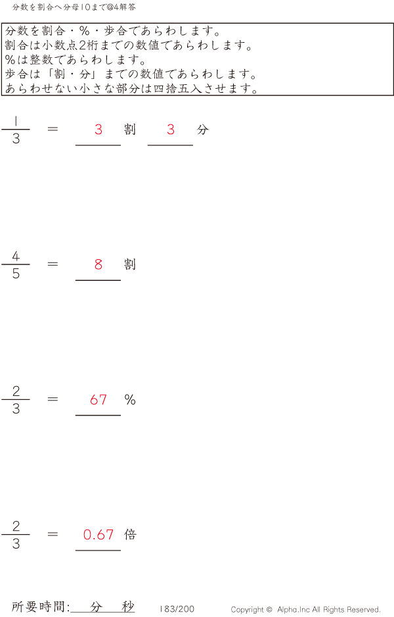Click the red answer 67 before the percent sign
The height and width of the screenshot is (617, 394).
pos(98,400)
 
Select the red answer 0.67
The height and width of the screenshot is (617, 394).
pos(98,534)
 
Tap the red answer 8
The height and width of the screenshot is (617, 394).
pos(98,264)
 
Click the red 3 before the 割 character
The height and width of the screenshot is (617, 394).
pos(98,130)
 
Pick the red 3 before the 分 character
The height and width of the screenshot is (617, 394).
pos(171,130)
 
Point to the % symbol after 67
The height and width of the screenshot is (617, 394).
pos(130,400)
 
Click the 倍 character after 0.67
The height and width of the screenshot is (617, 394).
pos(130,534)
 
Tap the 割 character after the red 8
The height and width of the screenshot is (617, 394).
pos(130,264)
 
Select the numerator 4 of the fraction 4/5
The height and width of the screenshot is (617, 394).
pos(16,256)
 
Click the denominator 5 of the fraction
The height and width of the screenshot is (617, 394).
pos(16,274)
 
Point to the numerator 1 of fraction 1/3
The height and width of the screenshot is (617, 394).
pos(15,121)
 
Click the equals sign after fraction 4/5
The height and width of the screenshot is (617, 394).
pos(53,264)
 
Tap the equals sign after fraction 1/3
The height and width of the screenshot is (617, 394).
pos(53,129)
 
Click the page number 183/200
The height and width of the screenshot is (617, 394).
pos(177,609)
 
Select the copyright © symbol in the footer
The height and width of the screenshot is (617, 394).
pos(269,610)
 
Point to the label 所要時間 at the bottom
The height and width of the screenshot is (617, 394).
pos(38,606)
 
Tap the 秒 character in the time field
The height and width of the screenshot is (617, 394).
pos(128,606)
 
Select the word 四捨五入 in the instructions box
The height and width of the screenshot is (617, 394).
pos(178,89)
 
